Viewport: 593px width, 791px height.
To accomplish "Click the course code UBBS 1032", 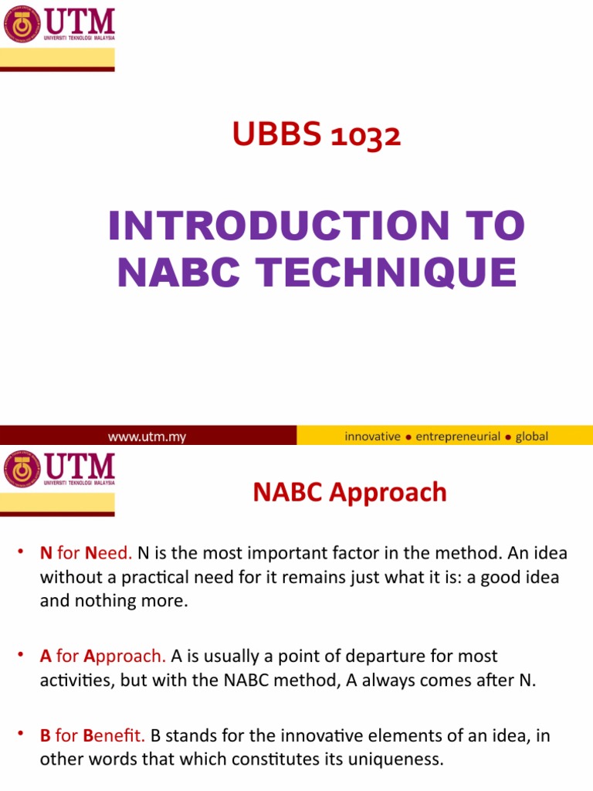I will [x=317, y=137].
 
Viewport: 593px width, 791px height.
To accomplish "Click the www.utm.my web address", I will [x=147, y=436].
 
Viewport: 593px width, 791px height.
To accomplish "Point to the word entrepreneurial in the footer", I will [x=458, y=436].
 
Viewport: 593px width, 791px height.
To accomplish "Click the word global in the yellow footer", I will [x=532, y=436].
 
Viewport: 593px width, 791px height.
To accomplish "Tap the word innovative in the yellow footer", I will [x=372, y=436].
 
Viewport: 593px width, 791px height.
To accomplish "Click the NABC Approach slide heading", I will [x=350, y=492].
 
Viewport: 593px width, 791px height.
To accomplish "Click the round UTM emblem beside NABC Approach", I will [x=22, y=469].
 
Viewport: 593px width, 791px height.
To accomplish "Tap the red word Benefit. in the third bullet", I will [x=114, y=736].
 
